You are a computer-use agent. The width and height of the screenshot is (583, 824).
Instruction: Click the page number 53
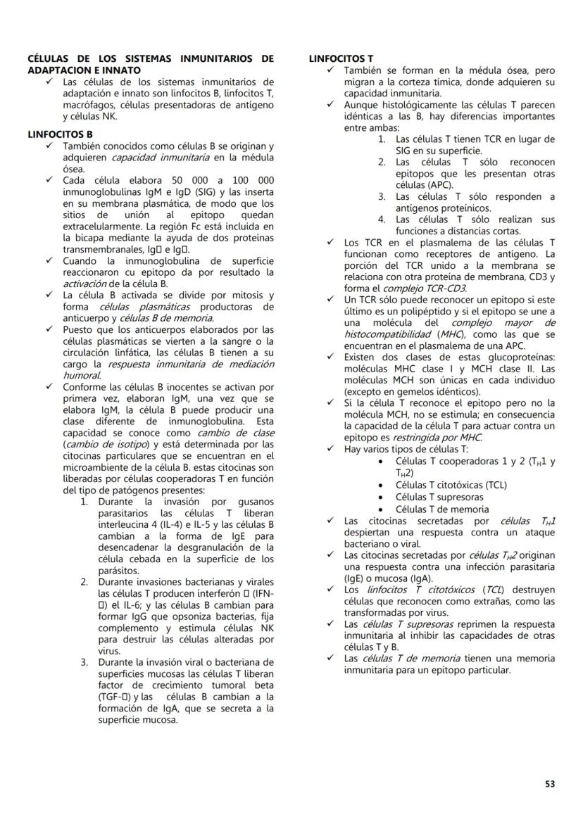[x=549, y=783]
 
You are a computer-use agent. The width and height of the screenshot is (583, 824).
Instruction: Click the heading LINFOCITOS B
[x=60, y=134]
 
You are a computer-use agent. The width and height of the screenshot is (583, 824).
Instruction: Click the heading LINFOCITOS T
[x=341, y=58]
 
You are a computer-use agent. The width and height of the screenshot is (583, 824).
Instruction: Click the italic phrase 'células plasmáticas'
[x=144, y=307]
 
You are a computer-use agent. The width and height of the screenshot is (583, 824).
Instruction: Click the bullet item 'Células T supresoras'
[x=439, y=497]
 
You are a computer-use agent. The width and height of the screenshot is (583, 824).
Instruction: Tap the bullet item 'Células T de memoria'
[x=442, y=509]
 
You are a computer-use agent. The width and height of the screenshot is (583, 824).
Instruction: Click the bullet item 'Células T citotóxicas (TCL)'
[x=451, y=485]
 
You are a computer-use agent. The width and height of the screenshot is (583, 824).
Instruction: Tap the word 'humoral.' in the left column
[x=82, y=376]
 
